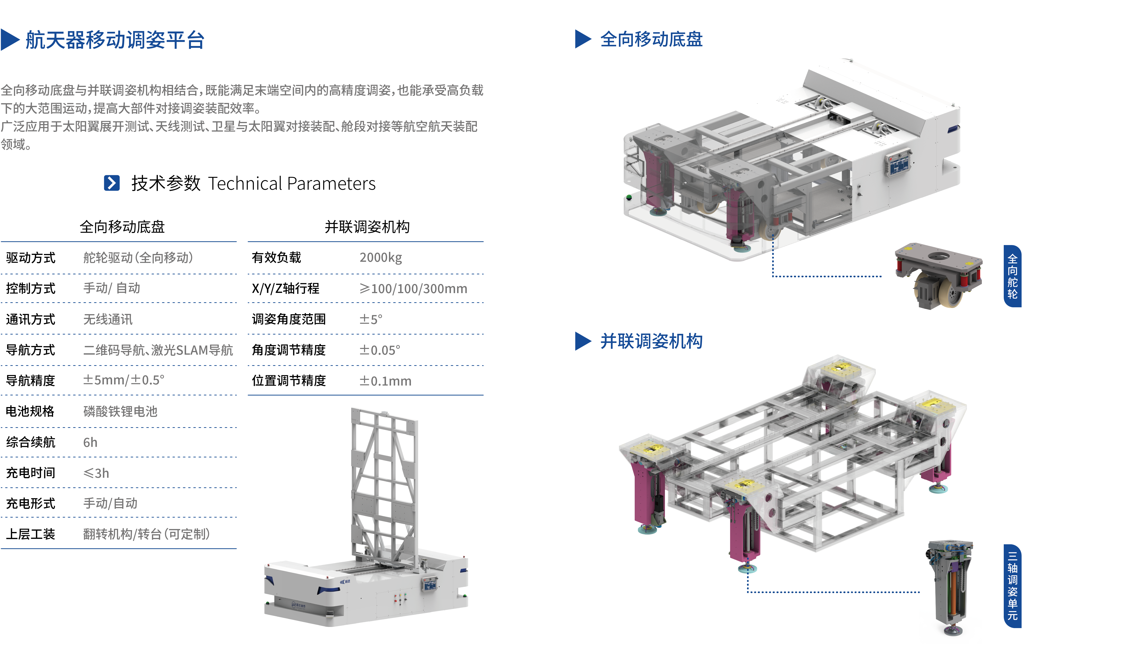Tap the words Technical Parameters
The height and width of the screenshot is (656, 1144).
click(292, 183)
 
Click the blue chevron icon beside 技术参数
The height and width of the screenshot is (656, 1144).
click(112, 183)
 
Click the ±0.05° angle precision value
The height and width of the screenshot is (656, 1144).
click(380, 350)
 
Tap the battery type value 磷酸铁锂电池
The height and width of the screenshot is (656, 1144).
click(120, 411)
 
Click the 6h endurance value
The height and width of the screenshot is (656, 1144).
click(90, 443)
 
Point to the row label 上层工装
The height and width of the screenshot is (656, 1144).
click(31, 534)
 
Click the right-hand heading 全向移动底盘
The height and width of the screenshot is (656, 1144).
click(651, 39)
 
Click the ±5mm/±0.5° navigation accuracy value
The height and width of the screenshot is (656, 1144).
click(124, 380)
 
